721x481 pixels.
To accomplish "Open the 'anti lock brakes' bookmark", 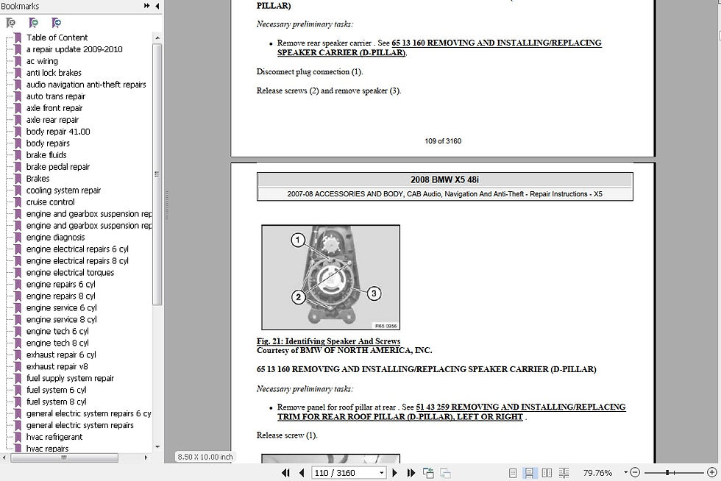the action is point(54,73).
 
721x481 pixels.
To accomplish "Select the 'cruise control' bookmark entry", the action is point(50,202).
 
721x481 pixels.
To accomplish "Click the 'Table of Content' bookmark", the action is point(57,38).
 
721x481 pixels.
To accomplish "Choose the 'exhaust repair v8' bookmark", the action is point(57,366).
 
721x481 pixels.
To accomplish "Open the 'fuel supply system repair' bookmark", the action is point(70,378).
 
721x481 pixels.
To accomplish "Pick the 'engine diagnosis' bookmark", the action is point(55,238).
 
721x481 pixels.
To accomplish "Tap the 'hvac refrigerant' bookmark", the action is point(54,437).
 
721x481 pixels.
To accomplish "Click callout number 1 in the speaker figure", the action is point(298,240).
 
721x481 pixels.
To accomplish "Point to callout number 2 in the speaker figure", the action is point(299,297).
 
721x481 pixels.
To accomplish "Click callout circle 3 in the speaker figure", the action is point(374,293).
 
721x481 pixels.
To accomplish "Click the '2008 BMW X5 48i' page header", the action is point(444,179).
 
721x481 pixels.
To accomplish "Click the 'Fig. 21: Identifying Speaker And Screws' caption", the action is point(328,341).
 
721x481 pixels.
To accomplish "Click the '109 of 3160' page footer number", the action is point(443,141).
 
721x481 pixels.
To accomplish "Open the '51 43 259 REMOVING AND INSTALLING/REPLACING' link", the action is point(521,407).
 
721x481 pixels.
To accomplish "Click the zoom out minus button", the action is point(635,472).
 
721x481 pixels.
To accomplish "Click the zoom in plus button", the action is point(711,472).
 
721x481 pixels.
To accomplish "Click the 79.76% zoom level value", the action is point(597,473).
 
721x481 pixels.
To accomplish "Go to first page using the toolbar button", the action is point(285,473).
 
